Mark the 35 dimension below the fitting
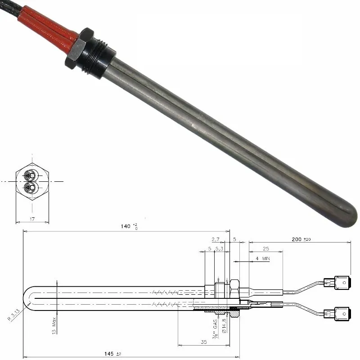tap(203, 342)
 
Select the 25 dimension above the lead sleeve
tap(266, 248)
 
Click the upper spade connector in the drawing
tap(337, 283)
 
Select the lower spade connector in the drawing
tap(337, 313)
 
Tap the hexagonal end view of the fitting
tap(32, 181)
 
